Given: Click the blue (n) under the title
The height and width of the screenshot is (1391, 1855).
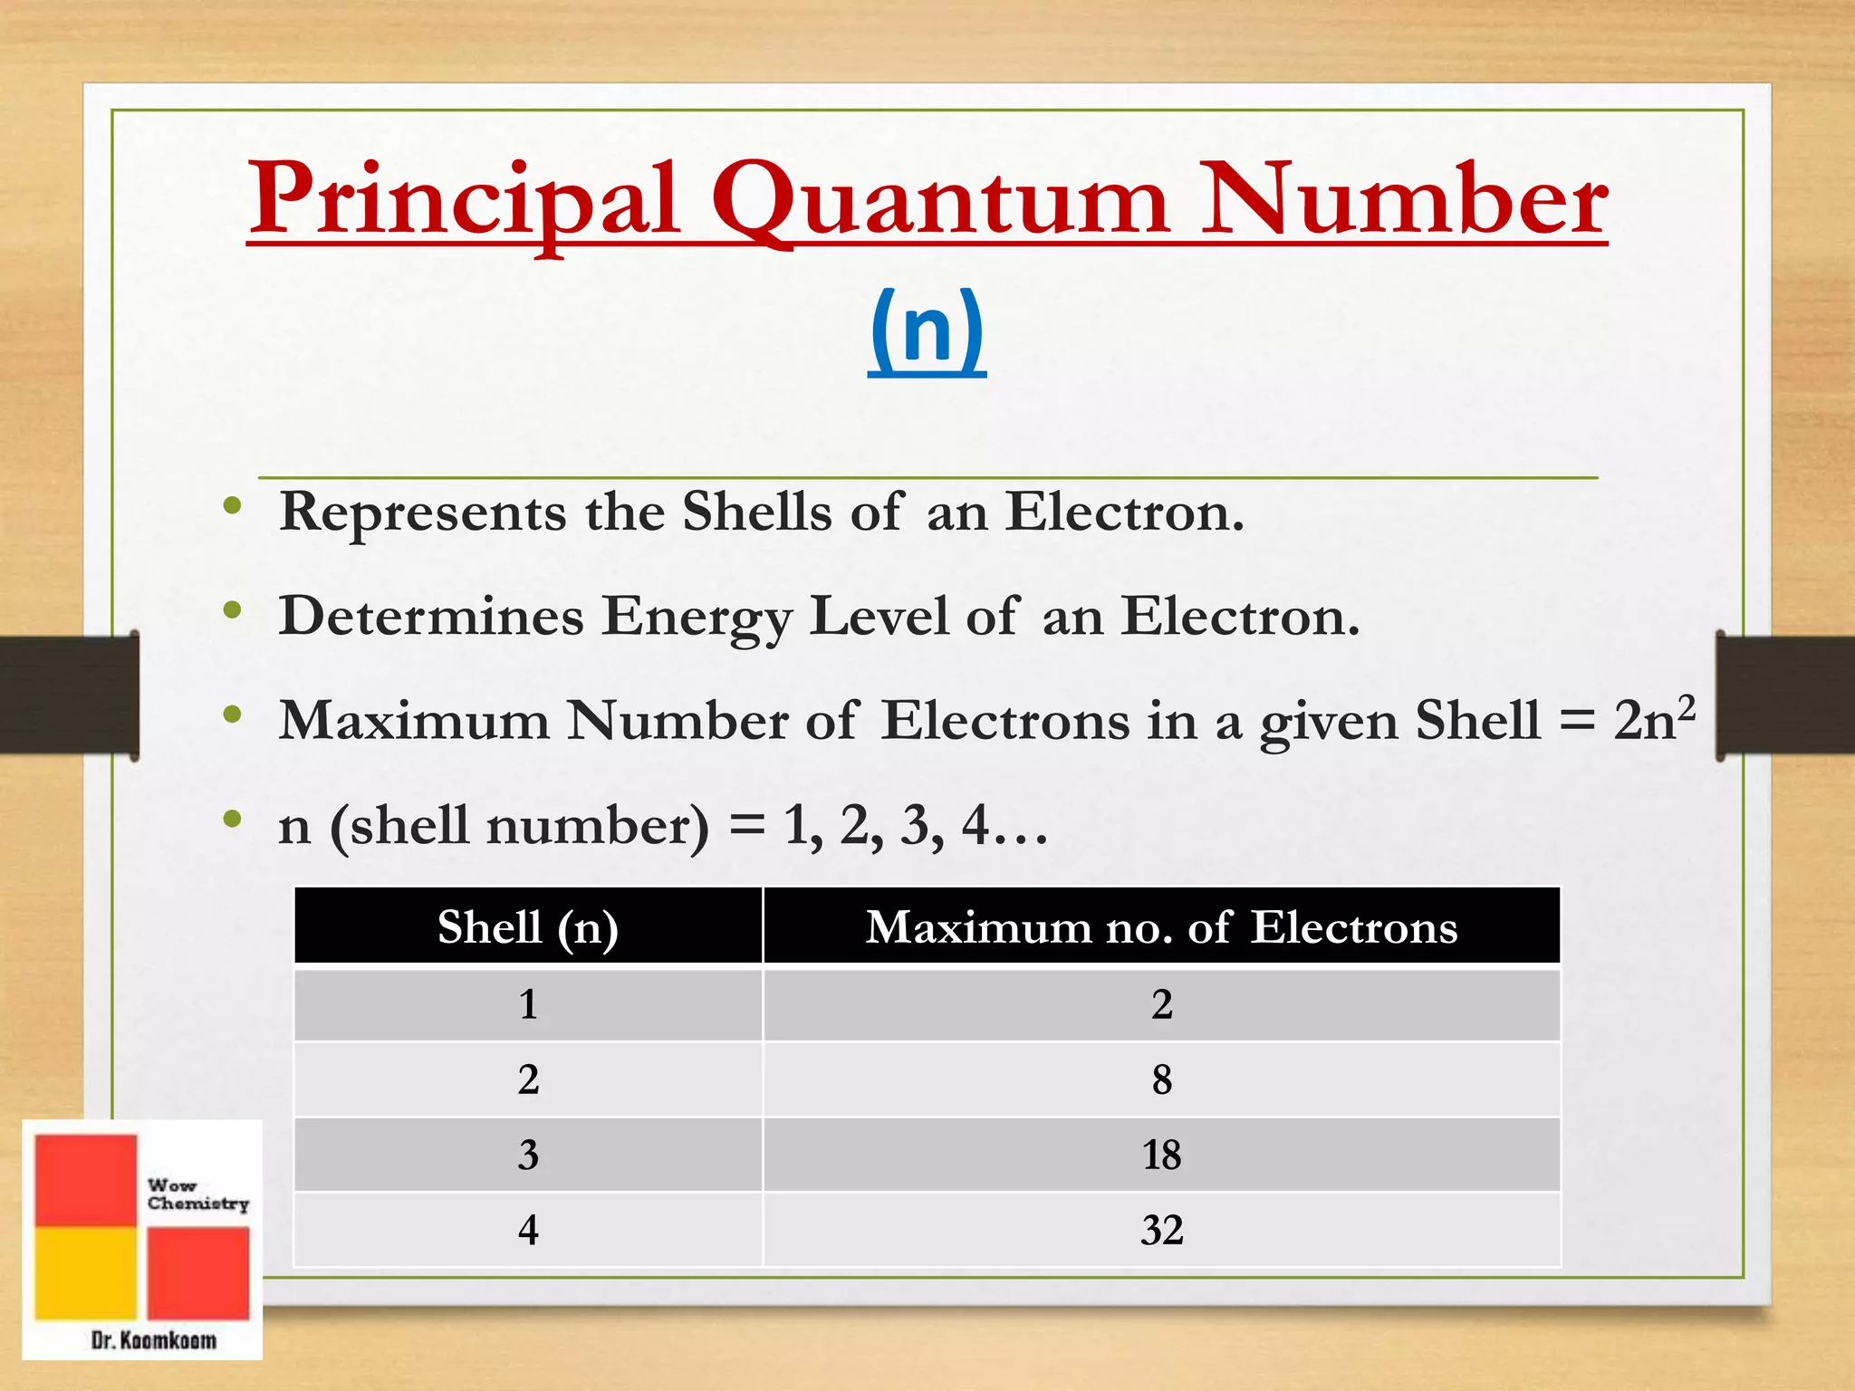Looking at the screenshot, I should click(927, 328).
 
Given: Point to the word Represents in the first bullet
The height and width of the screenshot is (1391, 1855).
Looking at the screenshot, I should click(423, 512).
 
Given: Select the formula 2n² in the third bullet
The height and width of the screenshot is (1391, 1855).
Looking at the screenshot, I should click(1653, 720).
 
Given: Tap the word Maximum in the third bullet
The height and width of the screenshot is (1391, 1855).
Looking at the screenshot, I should click(414, 721).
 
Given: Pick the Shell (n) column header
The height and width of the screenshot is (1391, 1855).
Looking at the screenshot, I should click(528, 926).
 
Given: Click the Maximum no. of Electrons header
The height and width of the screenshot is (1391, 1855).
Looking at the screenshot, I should click(1161, 926).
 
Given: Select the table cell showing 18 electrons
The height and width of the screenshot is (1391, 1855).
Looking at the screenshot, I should click(1161, 1155).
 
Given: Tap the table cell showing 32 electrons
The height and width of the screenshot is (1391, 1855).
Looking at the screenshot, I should click(1161, 1230).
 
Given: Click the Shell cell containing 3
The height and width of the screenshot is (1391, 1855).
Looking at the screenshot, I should click(528, 1155).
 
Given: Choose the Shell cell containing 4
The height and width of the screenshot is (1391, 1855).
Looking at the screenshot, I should click(528, 1230).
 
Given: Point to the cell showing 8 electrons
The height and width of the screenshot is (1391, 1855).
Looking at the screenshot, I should click(1161, 1079).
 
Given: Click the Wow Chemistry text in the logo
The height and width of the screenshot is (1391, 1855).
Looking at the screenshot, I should click(197, 1194).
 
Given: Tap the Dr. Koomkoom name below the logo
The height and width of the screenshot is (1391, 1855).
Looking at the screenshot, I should click(154, 1340).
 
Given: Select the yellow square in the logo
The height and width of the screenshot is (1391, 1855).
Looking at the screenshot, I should click(86, 1271).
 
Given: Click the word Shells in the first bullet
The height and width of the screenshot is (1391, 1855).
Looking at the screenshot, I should click(756, 512).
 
